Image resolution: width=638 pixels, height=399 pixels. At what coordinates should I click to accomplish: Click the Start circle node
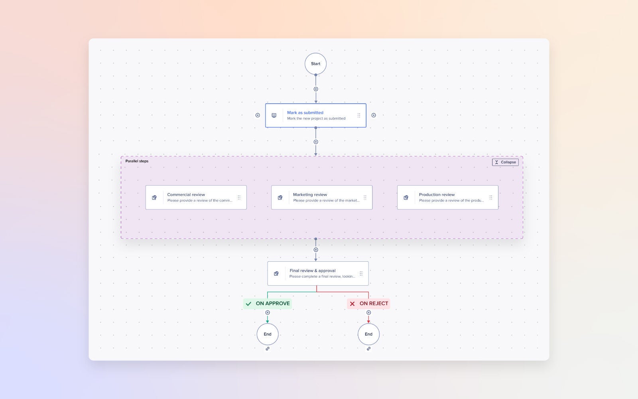point(315,64)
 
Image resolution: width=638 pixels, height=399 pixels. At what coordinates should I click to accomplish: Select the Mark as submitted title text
point(305,113)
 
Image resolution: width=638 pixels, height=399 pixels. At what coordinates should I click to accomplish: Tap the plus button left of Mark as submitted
point(258,115)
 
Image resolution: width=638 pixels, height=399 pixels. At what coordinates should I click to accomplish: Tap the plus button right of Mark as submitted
point(374,115)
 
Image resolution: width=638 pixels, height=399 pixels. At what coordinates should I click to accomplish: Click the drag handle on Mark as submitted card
point(358,115)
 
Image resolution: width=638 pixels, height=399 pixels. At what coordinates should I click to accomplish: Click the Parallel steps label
point(137,161)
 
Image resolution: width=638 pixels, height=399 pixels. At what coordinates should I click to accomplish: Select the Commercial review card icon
point(154,198)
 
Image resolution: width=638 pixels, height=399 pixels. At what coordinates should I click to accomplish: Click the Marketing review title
point(310,195)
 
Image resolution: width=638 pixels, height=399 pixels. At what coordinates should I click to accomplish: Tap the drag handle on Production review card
point(490,198)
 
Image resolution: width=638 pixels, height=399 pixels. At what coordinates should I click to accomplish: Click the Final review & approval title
point(312,271)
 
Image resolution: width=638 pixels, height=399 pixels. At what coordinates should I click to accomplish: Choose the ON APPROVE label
point(272,304)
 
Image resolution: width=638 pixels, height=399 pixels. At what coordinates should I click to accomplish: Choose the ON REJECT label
point(373,304)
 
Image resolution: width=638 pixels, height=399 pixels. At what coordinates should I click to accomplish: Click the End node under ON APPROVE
point(268,334)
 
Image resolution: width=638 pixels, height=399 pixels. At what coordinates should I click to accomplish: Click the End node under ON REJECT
point(368,334)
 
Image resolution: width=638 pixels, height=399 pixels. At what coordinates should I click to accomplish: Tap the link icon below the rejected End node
point(368,349)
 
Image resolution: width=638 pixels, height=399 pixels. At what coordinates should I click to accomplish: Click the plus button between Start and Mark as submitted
point(316,89)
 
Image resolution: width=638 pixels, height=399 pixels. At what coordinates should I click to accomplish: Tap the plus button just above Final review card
point(316,250)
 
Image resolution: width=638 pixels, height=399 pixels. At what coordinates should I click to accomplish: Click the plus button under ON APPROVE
point(268,313)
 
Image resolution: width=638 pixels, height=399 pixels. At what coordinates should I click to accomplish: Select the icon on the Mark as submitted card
point(274,115)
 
